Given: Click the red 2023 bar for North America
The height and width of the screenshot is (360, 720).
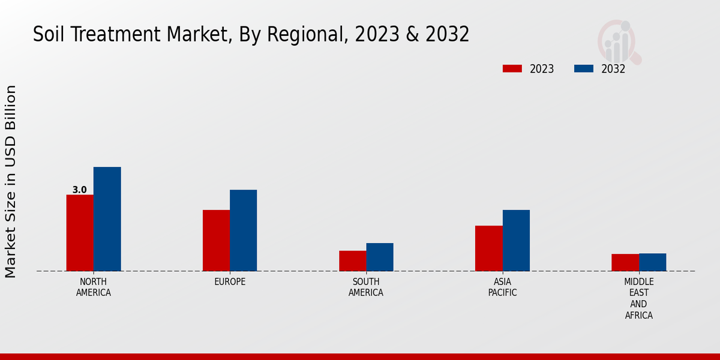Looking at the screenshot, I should point(80,233).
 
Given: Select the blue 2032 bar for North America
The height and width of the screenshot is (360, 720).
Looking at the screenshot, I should point(107,219).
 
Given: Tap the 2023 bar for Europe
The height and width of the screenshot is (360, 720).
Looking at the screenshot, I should point(216,241).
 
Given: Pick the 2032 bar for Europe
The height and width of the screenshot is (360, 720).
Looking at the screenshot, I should point(243,230).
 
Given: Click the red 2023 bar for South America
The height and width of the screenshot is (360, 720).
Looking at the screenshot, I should point(352,261).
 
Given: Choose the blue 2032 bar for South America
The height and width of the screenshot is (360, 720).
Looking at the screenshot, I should point(380,257).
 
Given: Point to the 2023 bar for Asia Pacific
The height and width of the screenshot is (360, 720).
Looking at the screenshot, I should point(488,248).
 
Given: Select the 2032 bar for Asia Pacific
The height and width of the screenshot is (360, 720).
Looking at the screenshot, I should point(516,241).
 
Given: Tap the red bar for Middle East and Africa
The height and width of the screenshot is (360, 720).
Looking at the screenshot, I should point(625,262).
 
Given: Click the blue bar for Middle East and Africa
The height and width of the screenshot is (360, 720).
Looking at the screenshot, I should point(652,262).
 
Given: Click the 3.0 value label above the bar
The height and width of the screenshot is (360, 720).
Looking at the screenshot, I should point(79,190).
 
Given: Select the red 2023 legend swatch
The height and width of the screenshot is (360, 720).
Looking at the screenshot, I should point(512,68).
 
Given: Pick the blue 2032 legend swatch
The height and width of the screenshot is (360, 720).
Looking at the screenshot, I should point(583,68).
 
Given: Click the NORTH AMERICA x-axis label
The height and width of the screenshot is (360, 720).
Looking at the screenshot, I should point(94,287).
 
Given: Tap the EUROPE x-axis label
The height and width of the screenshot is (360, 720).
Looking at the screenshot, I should point(230,282).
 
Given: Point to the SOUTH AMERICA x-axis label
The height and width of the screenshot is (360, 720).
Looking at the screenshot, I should point(366,287).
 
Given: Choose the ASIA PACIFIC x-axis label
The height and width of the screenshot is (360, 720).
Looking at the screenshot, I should point(502,287).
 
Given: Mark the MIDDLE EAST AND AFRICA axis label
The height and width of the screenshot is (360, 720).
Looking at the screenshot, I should point(638,298).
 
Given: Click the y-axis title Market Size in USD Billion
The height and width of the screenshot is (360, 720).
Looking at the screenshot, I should point(11,181).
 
